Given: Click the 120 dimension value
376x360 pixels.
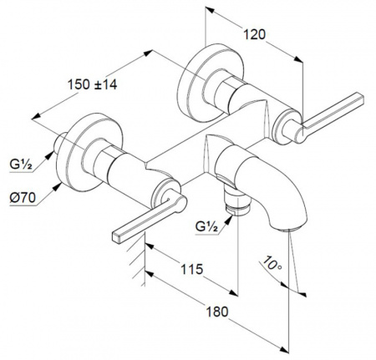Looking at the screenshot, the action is pyautogui.click(x=255, y=34).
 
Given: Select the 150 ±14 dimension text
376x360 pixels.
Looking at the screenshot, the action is pyautogui.click(x=93, y=84).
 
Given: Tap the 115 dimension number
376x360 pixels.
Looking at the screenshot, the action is pyautogui.click(x=192, y=269).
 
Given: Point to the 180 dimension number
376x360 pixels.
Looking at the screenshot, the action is pyautogui.click(x=217, y=312).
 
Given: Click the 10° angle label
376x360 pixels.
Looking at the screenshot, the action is pyautogui.click(x=272, y=262).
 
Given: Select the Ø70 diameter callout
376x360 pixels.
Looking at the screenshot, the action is pyautogui.click(x=23, y=198).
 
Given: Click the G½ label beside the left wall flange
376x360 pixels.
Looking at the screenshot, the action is pyautogui.click(x=21, y=165).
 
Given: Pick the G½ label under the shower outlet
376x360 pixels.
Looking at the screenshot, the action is pyautogui.click(x=206, y=227).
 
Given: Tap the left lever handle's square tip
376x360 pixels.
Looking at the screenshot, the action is pyautogui.click(x=116, y=237).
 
